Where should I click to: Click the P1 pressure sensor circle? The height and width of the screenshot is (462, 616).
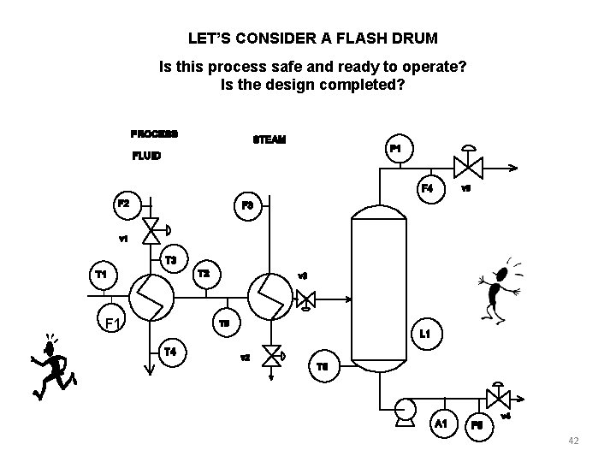click(x=397, y=150)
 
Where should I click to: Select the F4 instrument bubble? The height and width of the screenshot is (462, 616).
click(x=427, y=188)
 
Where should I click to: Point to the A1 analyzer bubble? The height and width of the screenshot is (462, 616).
click(x=441, y=423)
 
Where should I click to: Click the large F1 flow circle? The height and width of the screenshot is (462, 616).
click(x=111, y=323)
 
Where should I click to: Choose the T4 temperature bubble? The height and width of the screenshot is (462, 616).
click(x=171, y=351)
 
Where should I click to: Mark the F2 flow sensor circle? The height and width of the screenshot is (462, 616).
click(x=124, y=204)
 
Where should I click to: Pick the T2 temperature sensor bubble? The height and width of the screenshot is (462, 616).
click(x=204, y=274)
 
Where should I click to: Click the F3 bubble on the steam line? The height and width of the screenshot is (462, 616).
click(x=247, y=205)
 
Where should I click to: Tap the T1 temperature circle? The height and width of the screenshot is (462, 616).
click(x=101, y=275)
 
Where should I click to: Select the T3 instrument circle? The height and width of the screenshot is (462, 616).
click(x=171, y=260)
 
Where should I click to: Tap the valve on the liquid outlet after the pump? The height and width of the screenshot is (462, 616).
click(x=496, y=399)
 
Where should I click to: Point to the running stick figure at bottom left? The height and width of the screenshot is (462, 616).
click(x=50, y=366)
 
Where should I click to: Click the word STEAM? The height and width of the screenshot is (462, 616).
click(x=269, y=139)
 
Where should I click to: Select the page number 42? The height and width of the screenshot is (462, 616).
click(x=573, y=441)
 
